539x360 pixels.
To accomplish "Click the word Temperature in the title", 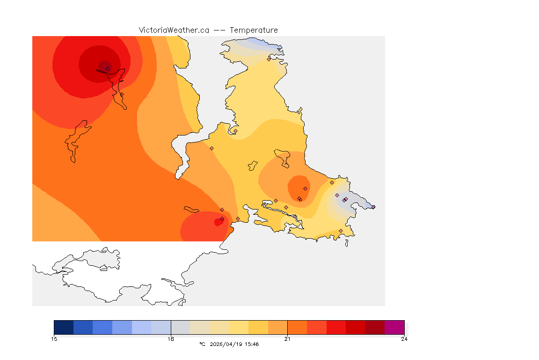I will coord(254,30).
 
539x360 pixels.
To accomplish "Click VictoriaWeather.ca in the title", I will coord(174,30).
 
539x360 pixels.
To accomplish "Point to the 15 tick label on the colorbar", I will coord(54,339).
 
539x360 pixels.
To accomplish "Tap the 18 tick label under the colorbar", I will coord(171,339).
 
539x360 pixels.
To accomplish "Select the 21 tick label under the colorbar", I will coord(287,339).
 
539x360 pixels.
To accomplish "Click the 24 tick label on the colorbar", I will coord(404,339).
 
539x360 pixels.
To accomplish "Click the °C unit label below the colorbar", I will coord(202,344).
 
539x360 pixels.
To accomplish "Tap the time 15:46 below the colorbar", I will coord(252,344).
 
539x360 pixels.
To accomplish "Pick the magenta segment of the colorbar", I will coord(394,327).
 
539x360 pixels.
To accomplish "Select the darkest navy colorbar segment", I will coord(64,327).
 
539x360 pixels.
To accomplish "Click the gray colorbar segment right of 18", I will coord(180,327).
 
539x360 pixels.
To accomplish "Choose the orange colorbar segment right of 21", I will coord(297,327).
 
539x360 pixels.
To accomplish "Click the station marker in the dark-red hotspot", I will coord(108,68).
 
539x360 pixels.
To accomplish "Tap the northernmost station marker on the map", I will coord(269,59).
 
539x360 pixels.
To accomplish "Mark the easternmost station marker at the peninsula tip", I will coord(373,207).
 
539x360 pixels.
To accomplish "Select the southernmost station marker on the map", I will coord(341,231).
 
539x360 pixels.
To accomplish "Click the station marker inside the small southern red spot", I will coord(222,219).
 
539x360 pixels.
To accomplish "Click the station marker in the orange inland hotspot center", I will coord(305,188).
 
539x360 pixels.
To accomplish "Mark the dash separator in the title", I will coord(219,30).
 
